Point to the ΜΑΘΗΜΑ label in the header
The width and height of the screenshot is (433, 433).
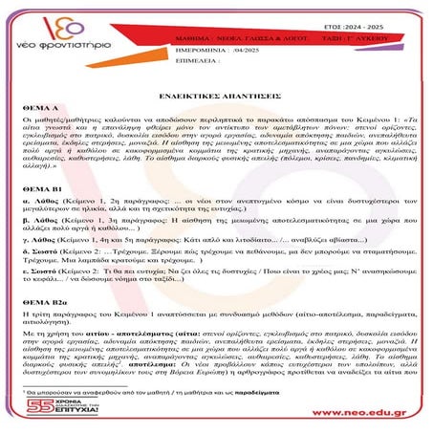[x=192, y=33]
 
